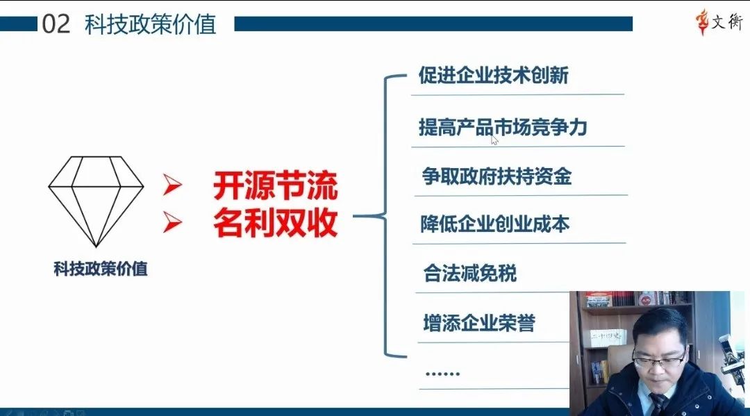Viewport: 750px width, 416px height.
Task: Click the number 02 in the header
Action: pyautogui.click(x=56, y=24)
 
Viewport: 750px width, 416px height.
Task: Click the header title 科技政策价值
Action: pyautogui.click(x=150, y=24)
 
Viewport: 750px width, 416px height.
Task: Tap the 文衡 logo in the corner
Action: pyautogui.click(x=719, y=22)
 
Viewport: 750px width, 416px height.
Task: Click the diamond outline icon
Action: pyautogui.click(x=96, y=201)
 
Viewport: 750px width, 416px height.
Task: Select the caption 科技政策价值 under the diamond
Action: pyautogui.click(x=101, y=269)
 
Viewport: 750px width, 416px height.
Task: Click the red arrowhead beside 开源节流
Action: pyautogui.click(x=172, y=185)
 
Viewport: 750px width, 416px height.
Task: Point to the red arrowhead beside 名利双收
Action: pyautogui.click(x=172, y=222)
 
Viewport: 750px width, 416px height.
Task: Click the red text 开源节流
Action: pyautogui.click(x=276, y=185)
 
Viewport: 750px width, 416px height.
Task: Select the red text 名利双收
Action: pyautogui.click(x=276, y=222)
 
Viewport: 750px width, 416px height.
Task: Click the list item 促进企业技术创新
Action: pyautogui.click(x=494, y=75)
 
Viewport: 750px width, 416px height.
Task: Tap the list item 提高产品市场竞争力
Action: pyautogui.click(x=503, y=127)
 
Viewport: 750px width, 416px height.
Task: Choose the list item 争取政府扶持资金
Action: pyautogui.click(x=497, y=176)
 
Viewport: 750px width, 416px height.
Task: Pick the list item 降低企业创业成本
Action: pyautogui.click(x=495, y=224)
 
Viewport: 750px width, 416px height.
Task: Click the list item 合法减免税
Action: pyautogui.click(x=469, y=273)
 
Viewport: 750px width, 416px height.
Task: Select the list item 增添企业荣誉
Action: pyautogui.click(x=479, y=323)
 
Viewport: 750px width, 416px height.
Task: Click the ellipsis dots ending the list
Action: pyautogui.click(x=442, y=374)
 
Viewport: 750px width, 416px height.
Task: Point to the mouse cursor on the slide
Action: pyautogui.click(x=494, y=140)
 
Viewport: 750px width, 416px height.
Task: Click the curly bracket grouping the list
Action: pyautogui.click(x=385, y=216)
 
